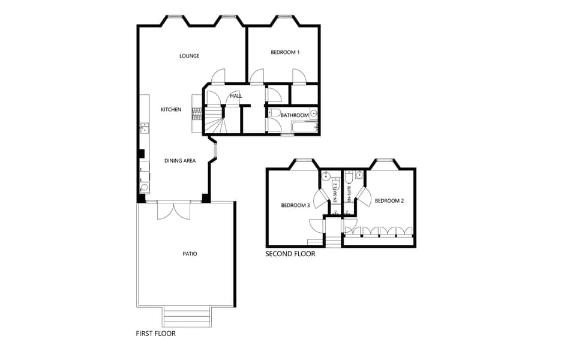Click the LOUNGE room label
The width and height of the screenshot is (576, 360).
point(189,56)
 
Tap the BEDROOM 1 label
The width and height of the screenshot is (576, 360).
point(285,52)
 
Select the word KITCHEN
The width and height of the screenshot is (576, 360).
point(171,109)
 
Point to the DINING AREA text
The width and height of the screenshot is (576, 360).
point(180,161)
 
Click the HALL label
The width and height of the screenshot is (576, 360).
point(236,95)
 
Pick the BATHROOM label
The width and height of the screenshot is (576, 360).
point(295,115)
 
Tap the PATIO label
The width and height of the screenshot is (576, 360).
point(190,254)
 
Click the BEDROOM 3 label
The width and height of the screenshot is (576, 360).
point(295,205)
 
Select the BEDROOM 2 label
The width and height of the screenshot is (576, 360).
point(389,201)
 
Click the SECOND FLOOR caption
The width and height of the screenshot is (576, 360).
point(290,254)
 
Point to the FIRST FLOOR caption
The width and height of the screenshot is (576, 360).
point(156,333)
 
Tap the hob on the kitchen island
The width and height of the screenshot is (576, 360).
point(196,112)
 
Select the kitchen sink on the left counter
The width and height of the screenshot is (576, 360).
point(145,127)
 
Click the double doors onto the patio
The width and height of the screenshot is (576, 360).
point(173,211)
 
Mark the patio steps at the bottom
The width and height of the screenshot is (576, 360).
point(187,316)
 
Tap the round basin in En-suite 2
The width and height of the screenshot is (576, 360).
point(326,176)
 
